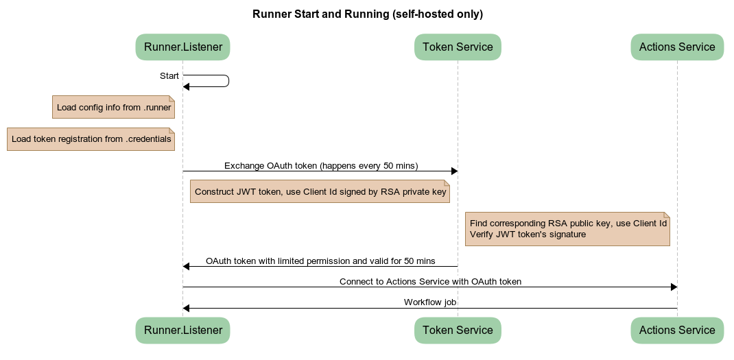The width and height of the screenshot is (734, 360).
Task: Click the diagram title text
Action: point(368,14)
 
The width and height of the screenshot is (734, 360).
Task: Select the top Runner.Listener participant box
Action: point(182,47)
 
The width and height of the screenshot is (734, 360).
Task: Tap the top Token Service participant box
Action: point(458,47)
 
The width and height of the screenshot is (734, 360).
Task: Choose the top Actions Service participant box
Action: point(677,47)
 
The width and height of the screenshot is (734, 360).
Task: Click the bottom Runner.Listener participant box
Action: point(182,331)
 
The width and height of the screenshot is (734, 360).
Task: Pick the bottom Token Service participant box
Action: point(458,331)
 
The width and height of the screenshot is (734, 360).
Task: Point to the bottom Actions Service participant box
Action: point(677,331)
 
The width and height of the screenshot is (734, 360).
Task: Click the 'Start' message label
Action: point(169,76)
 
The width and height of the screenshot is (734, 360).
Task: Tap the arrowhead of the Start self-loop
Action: point(187,87)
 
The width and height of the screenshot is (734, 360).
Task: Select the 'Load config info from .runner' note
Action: point(113,108)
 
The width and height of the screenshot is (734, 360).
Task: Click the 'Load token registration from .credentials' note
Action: point(91,139)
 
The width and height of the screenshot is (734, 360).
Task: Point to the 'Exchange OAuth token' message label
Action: point(320,166)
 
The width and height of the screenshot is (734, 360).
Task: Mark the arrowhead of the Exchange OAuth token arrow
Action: point(453,171)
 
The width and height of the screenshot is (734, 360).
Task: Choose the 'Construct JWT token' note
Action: point(320,192)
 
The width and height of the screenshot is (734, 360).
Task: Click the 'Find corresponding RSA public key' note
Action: point(567,229)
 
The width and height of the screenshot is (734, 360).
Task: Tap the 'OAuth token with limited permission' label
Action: point(320,261)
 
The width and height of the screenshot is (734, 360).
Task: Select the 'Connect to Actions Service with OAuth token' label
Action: point(430,282)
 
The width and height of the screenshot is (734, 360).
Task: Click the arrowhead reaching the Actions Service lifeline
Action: point(673,287)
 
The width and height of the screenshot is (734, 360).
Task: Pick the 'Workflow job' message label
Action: point(430,302)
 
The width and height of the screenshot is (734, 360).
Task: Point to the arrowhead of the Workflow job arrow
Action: point(187,309)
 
